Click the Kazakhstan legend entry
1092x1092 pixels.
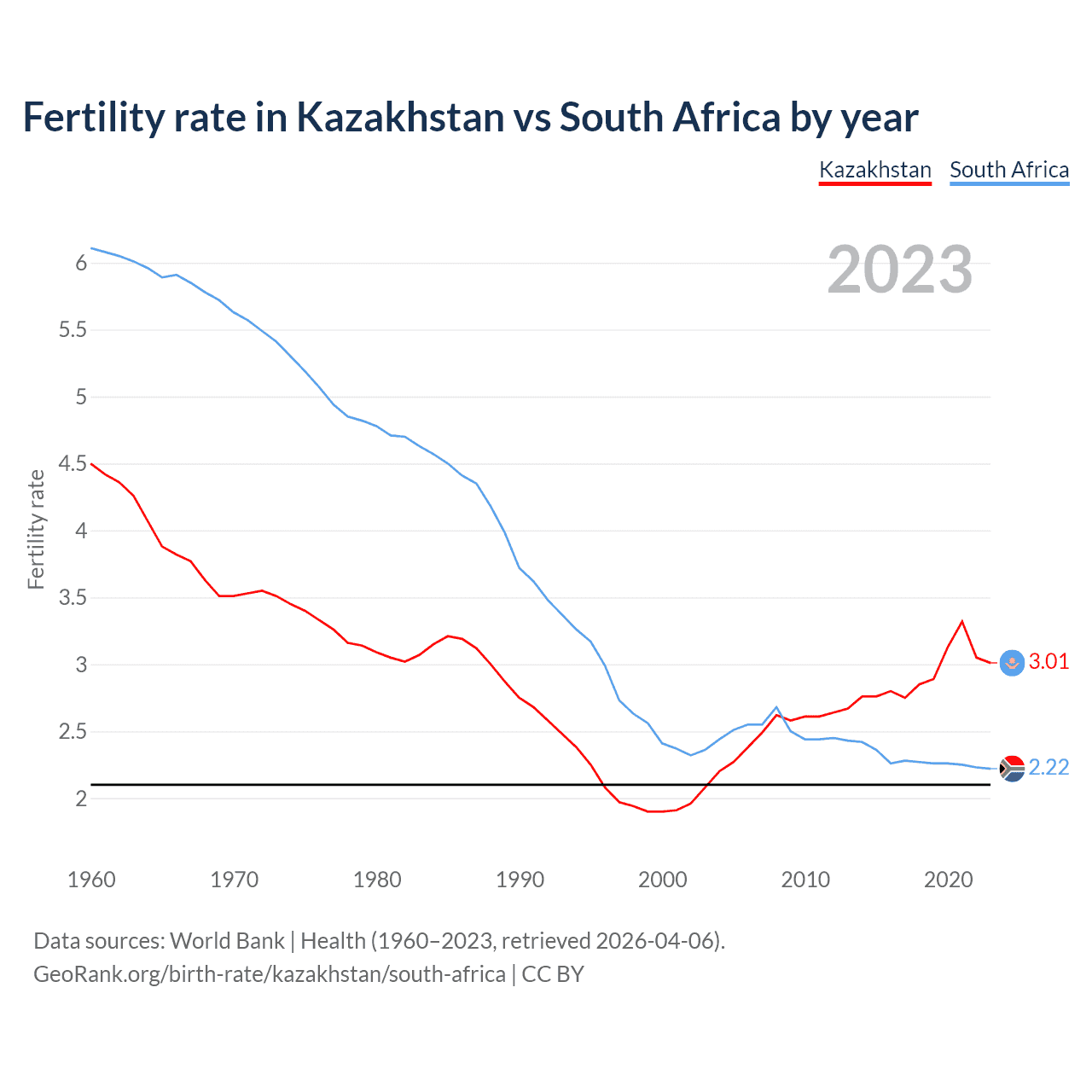tap(874, 170)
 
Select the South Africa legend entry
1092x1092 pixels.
tap(1009, 170)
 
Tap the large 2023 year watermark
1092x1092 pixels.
tap(899, 270)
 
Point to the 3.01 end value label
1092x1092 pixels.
tap(1048, 662)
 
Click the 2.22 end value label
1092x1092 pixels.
tap(1048, 768)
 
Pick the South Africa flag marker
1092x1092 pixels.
tap(1012, 769)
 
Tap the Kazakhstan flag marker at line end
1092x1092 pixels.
tap(1012, 663)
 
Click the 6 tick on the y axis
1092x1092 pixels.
tap(82, 264)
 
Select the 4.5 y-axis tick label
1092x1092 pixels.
tap(73, 464)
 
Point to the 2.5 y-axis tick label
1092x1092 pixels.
tap(73, 732)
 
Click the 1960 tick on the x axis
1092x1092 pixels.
tap(91, 880)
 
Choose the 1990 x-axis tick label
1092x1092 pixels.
tap(520, 880)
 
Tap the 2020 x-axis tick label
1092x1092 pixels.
tap(948, 880)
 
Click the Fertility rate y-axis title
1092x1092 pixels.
tap(36, 529)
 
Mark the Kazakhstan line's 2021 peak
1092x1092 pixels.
tap(962, 621)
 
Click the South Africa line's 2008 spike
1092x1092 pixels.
tap(776, 707)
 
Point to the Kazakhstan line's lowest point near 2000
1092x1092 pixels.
tap(655, 811)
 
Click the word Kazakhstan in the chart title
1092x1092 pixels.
tap(400, 118)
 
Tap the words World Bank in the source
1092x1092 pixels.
tap(227, 941)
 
